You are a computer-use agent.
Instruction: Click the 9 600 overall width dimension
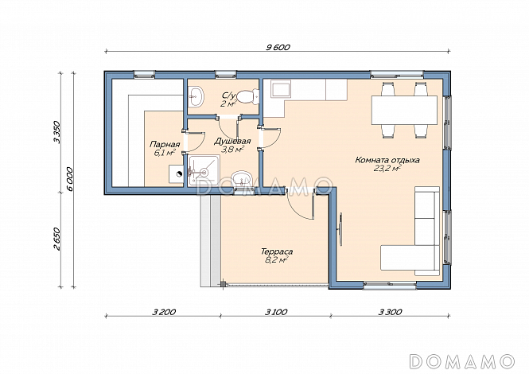(278, 48)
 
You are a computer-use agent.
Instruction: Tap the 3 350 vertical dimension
(56, 132)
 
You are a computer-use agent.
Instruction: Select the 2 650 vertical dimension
(56, 239)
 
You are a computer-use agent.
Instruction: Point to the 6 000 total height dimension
(70, 179)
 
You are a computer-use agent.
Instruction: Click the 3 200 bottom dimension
(164, 312)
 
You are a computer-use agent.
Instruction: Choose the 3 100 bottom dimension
(276, 312)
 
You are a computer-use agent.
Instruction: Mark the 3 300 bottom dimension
(390, 312)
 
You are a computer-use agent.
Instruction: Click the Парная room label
(165, 145)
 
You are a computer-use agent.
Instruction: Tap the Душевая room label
(232, 141)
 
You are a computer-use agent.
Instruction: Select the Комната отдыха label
(387, 160)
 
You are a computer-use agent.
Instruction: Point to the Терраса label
(277, 251)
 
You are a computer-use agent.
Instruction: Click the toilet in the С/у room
(247, 96)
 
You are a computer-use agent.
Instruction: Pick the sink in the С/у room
(196, 96)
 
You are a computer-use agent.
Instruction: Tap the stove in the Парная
(176, 173)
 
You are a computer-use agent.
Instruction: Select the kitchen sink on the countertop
(281, 89)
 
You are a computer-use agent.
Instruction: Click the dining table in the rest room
(404, 110)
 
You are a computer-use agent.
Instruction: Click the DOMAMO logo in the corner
(462, 361)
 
